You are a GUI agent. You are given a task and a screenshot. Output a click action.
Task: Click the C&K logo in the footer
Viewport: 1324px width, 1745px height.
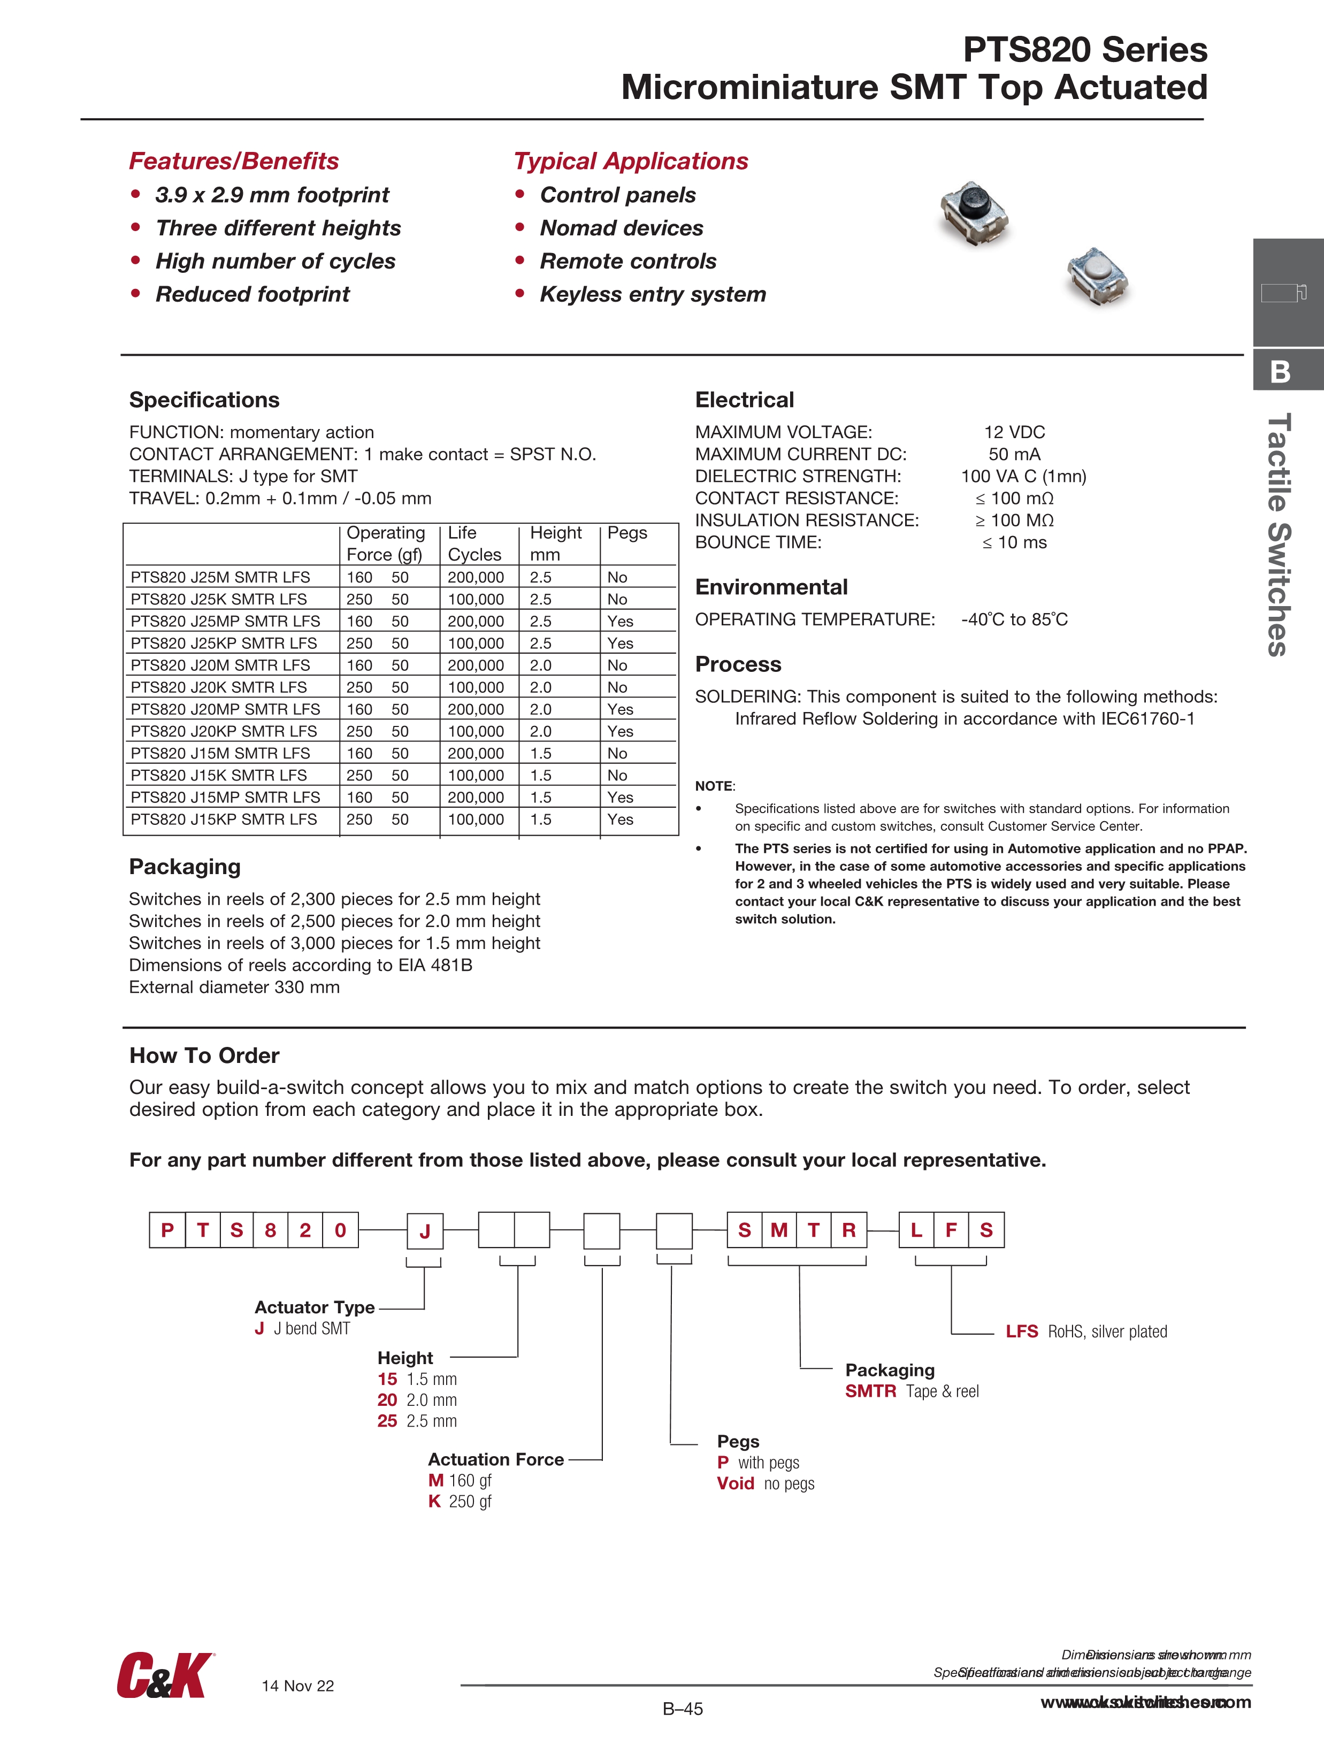click(x=164, y=1675)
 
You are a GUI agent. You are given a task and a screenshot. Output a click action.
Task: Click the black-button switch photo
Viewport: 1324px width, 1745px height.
click(x=975, y=213)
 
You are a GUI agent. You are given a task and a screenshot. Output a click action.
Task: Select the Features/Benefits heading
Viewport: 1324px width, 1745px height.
click(x=234, y=161)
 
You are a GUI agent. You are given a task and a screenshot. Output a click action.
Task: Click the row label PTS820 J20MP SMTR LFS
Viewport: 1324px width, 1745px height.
click(x=225, y=709)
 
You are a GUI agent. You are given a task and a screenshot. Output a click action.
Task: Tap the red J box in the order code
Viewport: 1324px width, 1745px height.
click(x=425, y=1231)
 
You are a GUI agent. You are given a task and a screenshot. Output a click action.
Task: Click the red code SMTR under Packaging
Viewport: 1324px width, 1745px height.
click(x=870, y=1391)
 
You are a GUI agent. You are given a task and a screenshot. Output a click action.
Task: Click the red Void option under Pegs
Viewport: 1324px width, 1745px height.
click(x=736, y=1483)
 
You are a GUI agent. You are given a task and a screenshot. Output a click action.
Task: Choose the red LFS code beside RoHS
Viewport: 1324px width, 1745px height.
click(x=1021, y=1331)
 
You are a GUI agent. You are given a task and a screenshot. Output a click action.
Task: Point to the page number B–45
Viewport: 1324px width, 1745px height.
click(x=683, y=1709)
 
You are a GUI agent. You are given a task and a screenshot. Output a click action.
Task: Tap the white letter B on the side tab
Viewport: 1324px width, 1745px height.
click(x=1280, y=372)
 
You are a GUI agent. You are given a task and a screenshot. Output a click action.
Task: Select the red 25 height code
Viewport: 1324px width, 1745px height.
click(x=387, y=1421)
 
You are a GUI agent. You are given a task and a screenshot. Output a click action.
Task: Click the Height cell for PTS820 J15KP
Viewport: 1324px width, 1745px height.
click(x=540, y=820)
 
